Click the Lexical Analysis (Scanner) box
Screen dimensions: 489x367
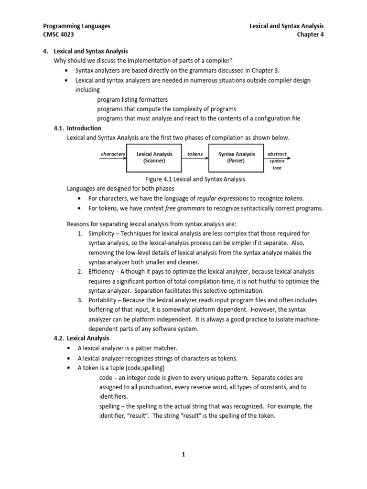(x=154, y=158)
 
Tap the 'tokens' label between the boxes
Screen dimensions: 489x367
(x=195, y=154)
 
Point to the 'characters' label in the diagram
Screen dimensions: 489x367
(x=113, y=154)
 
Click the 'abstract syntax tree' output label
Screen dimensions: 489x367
(x=277, y=161)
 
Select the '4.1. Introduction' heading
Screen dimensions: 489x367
(x=77, y=128)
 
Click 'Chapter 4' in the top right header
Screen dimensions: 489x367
(x=310, y=35)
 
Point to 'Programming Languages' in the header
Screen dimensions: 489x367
(x=76, y=26)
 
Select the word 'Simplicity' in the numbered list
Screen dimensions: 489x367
(x=102, y=234)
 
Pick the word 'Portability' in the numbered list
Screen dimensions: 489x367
(x=104, y=300)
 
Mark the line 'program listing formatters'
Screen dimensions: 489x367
(x=132, y=100)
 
